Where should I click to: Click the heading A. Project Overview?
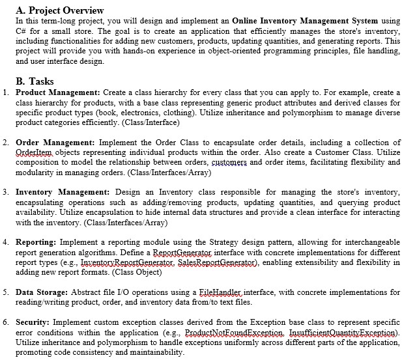[59, 10]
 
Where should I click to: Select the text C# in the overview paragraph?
[20, 31]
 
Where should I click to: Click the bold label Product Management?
[57, 93]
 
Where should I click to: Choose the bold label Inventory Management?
[62, 192]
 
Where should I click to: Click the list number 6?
[5, 322]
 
